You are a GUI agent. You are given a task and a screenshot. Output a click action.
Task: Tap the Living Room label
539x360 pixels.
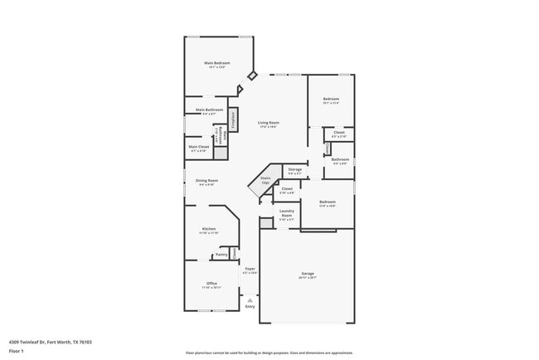tap(267, 124)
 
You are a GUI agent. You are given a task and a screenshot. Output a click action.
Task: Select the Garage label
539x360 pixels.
tap(307, 273)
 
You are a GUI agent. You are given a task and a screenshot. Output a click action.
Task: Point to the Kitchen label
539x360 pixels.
tap(209, 229)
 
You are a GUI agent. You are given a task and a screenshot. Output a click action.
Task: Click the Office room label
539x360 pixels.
tap(211, 284)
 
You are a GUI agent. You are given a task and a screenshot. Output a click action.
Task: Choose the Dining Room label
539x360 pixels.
tap(206, 181)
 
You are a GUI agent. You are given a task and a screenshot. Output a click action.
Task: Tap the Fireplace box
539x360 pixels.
tap(233, 119)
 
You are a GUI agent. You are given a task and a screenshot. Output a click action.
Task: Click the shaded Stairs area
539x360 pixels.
tap(265, 184)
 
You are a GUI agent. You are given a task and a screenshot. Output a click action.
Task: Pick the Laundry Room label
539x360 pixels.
tap(287, 215)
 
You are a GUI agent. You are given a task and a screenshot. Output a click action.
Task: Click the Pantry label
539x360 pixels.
tap(221, 254)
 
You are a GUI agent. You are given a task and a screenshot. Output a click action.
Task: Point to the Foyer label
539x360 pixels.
tap(250, 270)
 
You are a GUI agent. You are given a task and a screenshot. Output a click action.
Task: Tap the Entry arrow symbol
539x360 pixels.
tap(250, 299)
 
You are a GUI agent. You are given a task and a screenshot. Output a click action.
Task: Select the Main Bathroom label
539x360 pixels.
tap(209, 110)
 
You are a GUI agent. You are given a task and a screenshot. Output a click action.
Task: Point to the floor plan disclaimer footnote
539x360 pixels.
tap(269, 352)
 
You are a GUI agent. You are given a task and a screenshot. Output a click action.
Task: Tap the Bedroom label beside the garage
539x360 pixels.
tap(328, 202)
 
